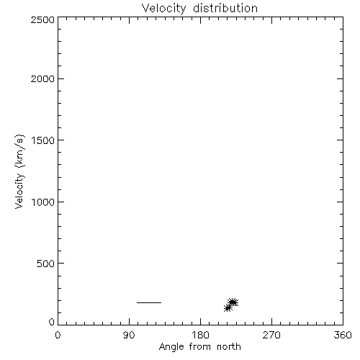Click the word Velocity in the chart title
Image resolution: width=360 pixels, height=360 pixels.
tap(164, 9)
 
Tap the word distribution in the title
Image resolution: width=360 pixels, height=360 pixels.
tap(225, 8)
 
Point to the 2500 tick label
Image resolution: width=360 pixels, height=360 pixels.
tap(42, 19)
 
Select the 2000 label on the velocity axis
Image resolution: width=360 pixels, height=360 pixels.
tap(42, 78)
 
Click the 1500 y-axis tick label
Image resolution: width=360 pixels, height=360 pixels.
tap(43, 140)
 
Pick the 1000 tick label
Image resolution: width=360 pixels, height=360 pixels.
tap(43, 202)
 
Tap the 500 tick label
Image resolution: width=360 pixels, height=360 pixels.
tap(46, 264)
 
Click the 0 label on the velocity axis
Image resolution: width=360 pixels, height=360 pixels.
tap(52, 322)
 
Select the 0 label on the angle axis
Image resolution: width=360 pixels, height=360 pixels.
tap(58, 335)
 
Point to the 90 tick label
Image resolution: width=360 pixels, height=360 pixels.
tap(129, 335)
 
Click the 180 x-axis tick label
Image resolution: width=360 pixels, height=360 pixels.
tap(200, 335)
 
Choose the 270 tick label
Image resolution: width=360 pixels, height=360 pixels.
tap(271, 335)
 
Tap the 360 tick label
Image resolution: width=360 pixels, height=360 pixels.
tap(343, 335)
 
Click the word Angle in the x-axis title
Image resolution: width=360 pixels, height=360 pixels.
tap(171, 347)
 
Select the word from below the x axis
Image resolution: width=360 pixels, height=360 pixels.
tap(201, 346)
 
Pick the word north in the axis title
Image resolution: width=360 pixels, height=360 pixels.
tap(229, 346)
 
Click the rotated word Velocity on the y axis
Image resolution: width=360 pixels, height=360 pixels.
tap(19, 191)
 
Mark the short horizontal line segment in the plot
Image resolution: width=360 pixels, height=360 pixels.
tap(149, 302)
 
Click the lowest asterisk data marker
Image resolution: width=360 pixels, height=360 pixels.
tap(228, 308)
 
